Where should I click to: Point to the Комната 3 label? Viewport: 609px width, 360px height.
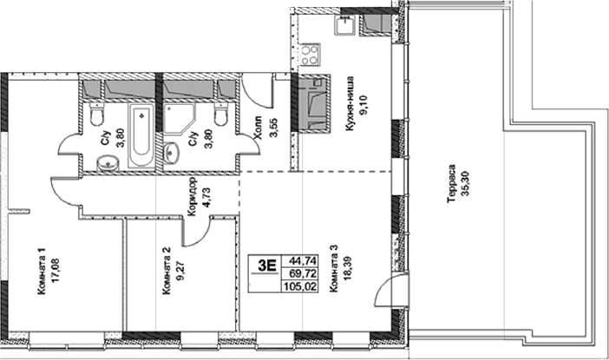(x=335, y=274)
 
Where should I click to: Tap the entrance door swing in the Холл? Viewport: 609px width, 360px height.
(x=257, y=91)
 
